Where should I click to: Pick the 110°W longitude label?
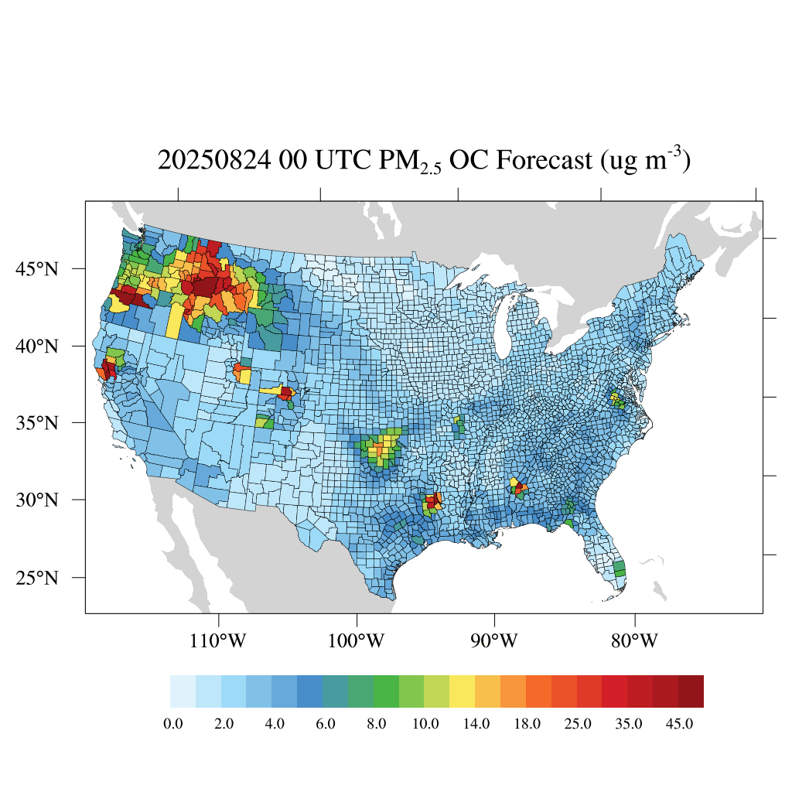219,641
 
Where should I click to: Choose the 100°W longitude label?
357,641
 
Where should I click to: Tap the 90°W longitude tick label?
494,641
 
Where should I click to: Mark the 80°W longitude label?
634,641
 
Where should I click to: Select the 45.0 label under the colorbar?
678,724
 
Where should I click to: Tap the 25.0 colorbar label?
577,724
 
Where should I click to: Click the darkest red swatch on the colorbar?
691,691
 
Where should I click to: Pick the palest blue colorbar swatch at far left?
183,691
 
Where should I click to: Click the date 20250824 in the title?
204,161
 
